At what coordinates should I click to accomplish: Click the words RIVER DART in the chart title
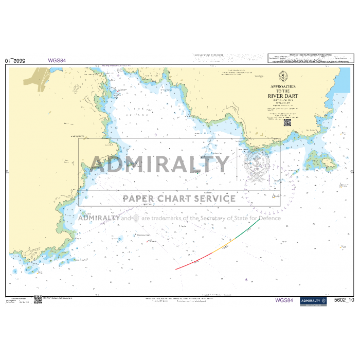pos(279,96)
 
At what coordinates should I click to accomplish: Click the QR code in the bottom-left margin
pos(38,299)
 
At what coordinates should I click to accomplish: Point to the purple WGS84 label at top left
pos(57,60)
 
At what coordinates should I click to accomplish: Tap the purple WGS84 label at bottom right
pos(284,300)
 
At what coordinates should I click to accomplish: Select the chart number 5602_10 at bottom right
pos(344,300)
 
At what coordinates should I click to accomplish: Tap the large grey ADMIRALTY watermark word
pos(160,164)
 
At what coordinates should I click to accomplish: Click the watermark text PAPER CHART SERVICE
pos(178,199)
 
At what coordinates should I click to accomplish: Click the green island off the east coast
pos(319,160)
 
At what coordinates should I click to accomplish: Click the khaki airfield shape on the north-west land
pos(39,77)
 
